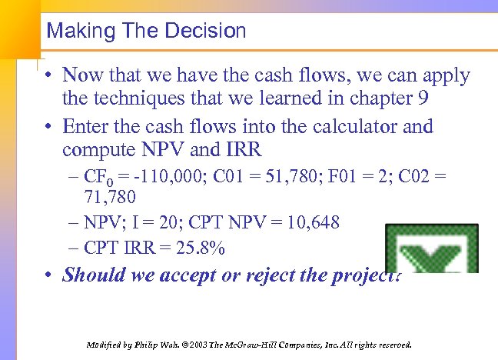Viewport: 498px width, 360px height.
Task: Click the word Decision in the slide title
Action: (x=208, y=31)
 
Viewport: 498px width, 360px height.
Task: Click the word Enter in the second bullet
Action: (x=87, y=126)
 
